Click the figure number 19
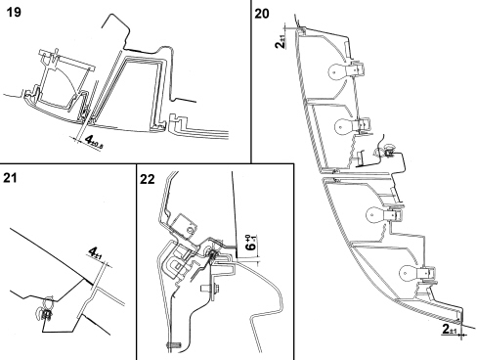click(14, 12)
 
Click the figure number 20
click(262, 14)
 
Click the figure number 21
click(10, 178)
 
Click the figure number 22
click(148, 179)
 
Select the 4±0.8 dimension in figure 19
click(93, 141)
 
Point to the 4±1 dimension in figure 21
click(96, 252)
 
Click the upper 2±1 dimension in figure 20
click(281, 42)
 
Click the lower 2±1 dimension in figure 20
click(450, 329)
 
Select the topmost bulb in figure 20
click(336, 70)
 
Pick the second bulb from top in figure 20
click(344, 125)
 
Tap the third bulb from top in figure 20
click(375, 214)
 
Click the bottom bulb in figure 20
click(408, 272)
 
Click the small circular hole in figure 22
click(189, 230)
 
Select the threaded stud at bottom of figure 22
click(173, 344)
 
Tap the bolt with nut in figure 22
click(210, 289)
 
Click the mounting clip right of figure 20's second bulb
click(386, 151)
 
